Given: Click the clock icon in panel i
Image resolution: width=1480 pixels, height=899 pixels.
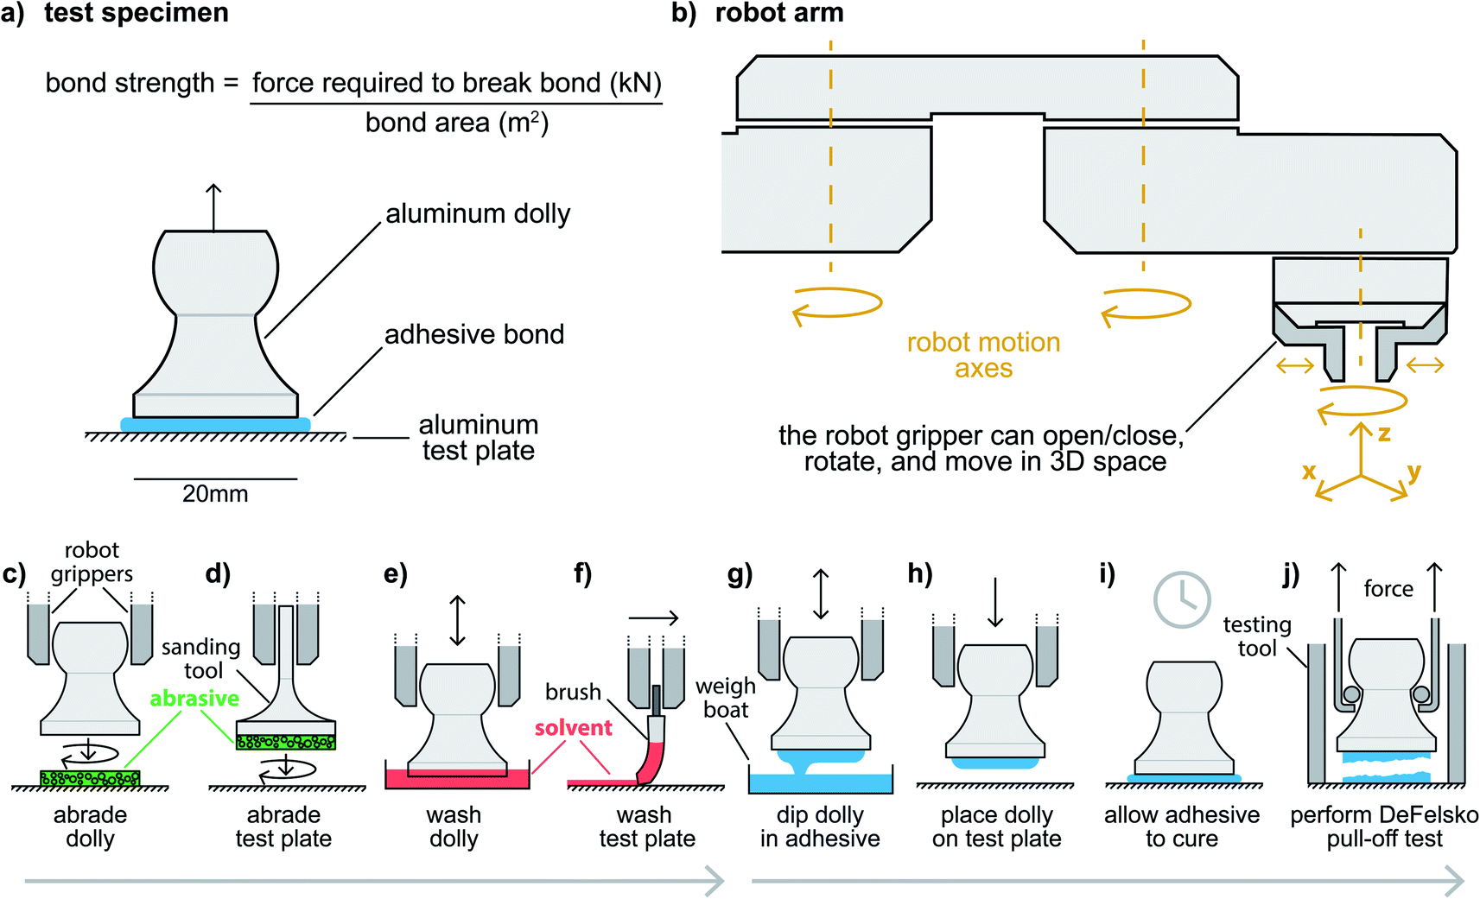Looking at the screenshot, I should point(1182,599).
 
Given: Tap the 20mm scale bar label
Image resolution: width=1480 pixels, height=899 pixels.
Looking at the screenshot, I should point(215,494).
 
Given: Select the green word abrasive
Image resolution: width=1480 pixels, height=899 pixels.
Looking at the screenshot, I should point(194,698).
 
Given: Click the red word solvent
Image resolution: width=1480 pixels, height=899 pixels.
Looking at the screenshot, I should point(573,728).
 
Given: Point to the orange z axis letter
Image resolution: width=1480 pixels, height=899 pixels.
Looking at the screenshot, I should point(1384,434).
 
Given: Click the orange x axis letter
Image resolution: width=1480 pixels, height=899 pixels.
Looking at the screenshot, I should point(1309,472).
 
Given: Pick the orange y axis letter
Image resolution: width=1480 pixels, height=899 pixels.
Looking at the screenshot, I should point(1413,472).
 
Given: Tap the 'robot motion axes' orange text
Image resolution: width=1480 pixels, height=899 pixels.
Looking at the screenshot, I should point(983,355).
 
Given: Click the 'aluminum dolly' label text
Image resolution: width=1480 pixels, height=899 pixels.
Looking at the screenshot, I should point(478,213).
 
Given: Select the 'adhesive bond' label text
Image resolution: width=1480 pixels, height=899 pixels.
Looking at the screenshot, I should point(473,334).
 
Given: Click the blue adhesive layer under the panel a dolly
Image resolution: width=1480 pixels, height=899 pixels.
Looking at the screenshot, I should point(215,425).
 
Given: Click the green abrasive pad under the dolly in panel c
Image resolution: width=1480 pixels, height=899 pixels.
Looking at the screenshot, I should point(90,778).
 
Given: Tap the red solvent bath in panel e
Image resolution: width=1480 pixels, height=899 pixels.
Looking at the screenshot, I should point(456,780).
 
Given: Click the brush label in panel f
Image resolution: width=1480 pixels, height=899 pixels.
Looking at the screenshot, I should point(573,692).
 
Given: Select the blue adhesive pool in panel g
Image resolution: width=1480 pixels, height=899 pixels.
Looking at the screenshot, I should point(820,783).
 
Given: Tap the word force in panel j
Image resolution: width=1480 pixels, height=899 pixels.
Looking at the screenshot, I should point(1388,589).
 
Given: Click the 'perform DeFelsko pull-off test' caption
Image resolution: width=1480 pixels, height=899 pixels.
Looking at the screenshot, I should point(1384,826).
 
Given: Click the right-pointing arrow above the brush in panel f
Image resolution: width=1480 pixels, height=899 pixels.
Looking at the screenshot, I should point(653,617).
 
